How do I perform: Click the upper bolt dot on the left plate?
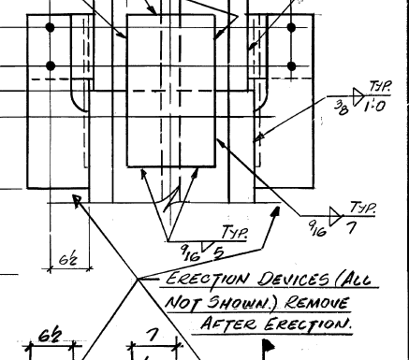point(51,28)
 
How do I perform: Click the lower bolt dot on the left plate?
point(51,65)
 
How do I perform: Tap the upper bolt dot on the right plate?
point(291,28)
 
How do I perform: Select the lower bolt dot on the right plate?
point(291,65)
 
